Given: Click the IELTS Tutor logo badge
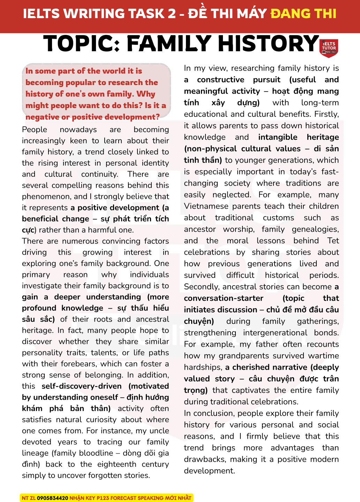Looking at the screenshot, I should (329, 47).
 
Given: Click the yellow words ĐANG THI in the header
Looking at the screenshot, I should (303, 14).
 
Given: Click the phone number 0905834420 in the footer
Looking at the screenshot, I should (52, 498).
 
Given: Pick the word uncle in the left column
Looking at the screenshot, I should (159, 431).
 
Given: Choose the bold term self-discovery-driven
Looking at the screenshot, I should (82, 386).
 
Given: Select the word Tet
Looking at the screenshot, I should (333, 241).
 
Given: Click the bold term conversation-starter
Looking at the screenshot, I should (224, 298).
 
